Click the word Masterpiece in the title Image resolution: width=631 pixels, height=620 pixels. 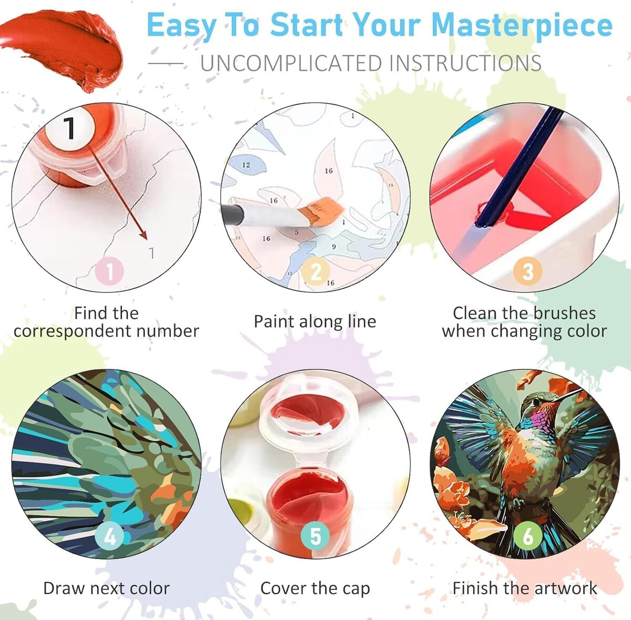(x=522, y=26)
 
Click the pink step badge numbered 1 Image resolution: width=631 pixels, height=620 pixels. (x=110, y=271)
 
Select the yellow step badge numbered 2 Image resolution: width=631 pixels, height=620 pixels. (x=315, y=271)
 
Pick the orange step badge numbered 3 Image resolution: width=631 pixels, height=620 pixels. (x=527, y=271)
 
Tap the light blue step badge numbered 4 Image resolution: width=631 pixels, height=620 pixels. (x=110, y=536)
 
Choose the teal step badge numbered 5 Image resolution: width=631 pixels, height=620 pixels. (x=315, y=536)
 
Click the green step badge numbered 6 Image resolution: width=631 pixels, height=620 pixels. (x=527, y=536)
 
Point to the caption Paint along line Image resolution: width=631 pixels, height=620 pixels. (x=315, y=322)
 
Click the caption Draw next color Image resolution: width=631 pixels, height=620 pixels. (x=106, y=588)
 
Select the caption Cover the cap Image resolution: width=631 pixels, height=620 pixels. (x=315, y=588)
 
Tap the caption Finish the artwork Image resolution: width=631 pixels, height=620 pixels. (x=525, y=588)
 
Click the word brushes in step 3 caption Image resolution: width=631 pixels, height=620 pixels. (x=565, y=313)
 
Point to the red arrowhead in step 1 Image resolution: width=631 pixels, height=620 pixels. (x=144, y=235)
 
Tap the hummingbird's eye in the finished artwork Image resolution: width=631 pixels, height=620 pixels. (x=536, y=402)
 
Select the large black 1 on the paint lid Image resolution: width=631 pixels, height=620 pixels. (x=70, y=128)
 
